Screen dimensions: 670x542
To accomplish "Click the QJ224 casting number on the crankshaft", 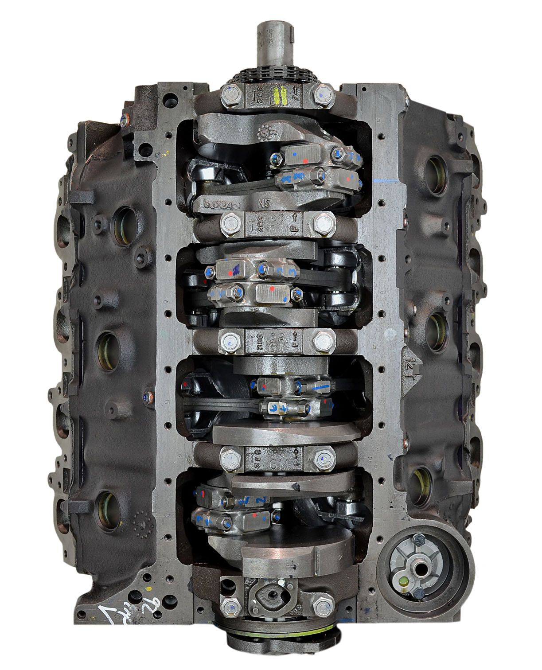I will point(218,205).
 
